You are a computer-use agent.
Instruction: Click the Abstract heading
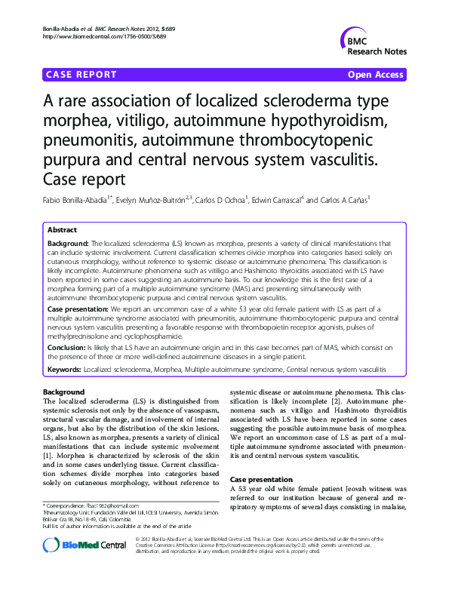62,230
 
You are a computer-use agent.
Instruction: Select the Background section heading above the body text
63,392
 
